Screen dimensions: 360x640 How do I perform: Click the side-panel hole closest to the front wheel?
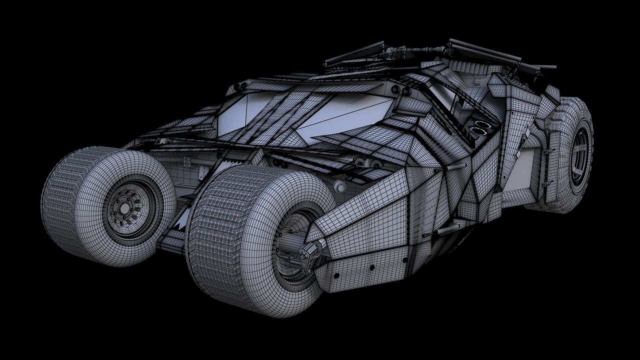click(336, 275)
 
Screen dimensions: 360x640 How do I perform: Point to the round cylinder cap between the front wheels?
click(339, 186)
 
